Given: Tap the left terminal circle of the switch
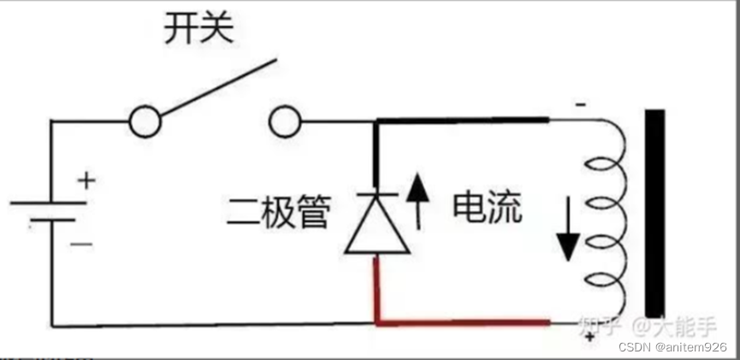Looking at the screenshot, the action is [145, 122].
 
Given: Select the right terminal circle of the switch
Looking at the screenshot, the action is [286, 122].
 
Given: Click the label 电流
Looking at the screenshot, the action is [487, 208].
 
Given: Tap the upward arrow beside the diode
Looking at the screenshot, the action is [419, 199].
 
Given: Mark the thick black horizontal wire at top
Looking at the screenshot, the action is [462, 121].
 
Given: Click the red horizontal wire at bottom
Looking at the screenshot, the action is [462, 323].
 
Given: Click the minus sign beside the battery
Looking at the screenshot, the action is [82, 244].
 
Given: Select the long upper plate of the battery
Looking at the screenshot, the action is [49, 204].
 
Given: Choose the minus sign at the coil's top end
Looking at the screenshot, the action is [581, 105].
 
